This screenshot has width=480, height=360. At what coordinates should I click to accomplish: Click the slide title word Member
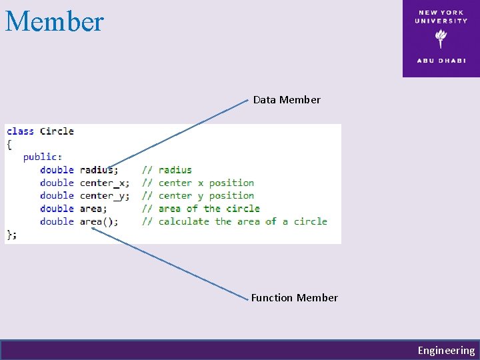55,21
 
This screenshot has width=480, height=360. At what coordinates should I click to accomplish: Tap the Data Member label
287,100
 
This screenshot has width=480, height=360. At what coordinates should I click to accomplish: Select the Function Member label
295,298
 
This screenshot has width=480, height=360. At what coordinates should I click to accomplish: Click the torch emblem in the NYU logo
441,39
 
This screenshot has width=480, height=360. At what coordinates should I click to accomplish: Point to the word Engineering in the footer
446,351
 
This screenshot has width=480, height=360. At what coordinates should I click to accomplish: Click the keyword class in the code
20,131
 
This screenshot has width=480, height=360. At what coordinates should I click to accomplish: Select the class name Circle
57,131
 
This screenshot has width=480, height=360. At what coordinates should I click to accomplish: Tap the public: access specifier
43,157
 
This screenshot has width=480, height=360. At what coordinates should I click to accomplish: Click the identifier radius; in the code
99,170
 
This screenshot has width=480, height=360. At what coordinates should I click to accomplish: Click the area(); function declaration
99,221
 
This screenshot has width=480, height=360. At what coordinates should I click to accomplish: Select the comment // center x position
197,183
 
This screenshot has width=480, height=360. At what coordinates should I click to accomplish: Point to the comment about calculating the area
234,221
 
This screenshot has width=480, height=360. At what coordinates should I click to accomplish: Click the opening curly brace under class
9,144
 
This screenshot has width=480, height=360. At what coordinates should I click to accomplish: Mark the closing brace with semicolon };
12,234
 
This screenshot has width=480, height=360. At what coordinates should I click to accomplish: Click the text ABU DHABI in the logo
441,60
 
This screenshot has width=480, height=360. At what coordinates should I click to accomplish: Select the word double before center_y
57,195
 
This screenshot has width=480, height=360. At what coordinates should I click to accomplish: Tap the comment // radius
166,170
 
